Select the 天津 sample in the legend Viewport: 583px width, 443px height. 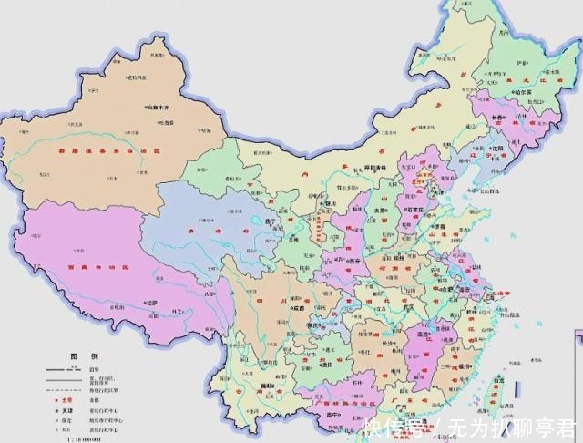66,411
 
